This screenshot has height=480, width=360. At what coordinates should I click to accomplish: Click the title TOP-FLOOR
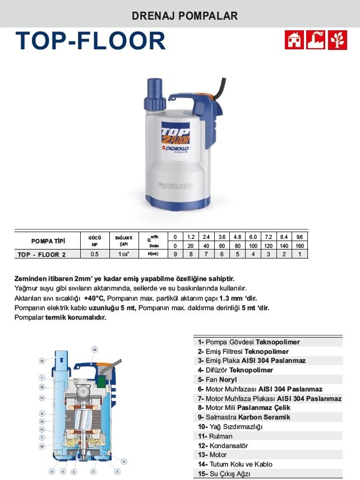coord(91,41)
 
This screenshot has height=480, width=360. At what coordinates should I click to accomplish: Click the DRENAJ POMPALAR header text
coord(184,16)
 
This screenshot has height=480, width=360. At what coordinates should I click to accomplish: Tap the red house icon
coord(294,40)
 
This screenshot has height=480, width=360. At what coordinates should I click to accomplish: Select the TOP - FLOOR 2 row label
coord(41,254)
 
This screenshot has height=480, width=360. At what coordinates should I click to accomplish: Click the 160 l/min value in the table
coord(299,246)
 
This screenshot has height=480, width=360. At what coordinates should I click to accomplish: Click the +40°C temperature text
coord(94,298)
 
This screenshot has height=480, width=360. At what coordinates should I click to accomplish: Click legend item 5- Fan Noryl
coord(218,380)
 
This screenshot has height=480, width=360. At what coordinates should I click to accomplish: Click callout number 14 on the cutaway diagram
coord(95,350)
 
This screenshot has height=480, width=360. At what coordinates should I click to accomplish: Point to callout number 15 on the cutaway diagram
coord(42,361)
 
